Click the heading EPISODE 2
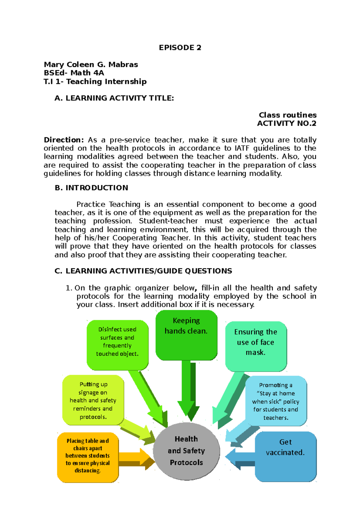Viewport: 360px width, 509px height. click(180, 48)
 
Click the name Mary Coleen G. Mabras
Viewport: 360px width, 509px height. click(91, 64)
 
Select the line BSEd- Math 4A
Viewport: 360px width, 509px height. click(74, 73)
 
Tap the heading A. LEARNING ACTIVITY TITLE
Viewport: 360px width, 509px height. click(114, 98)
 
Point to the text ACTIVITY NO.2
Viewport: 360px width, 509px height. click(286, 123)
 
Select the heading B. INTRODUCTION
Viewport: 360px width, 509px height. click(91, 188)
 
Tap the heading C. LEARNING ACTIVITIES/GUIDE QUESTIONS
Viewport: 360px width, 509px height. click(143, 271)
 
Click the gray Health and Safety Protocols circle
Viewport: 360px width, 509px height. click(186, 451)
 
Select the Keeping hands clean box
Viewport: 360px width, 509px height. click(186, 335)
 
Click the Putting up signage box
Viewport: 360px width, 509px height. click(93, 400)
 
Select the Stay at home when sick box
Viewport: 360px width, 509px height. click(276, 401)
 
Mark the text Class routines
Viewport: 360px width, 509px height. click(287, 115)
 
